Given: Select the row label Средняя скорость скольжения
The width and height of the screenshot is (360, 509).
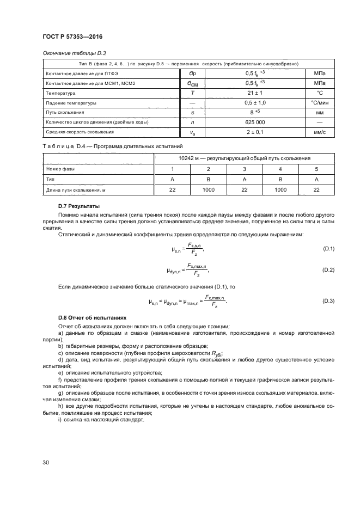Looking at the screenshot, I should (80, 132).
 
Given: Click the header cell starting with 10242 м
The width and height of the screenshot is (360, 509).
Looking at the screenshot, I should (245, 158).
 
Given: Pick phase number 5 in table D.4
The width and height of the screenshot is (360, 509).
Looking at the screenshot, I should (316, 169).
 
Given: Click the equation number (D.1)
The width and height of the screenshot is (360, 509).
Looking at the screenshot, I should (328, 249).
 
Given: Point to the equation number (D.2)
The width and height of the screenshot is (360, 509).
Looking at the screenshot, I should (328, 269).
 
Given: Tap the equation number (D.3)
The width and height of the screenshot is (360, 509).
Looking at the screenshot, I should (328, 301).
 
